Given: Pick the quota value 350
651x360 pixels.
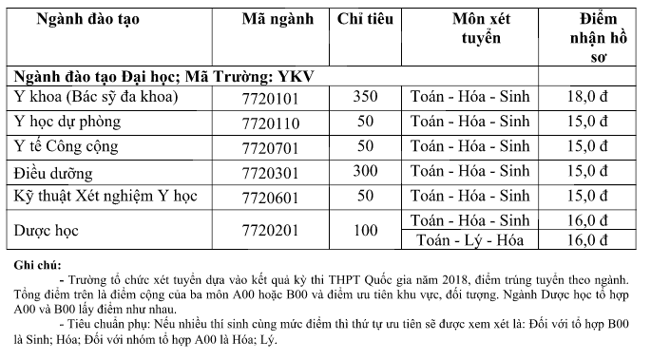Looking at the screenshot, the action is click(366, 98).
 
